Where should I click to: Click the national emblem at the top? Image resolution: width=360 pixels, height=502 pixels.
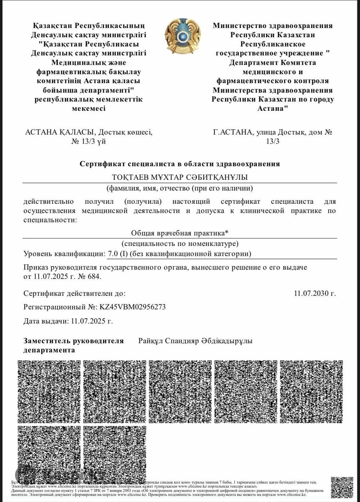[x=183, y=36]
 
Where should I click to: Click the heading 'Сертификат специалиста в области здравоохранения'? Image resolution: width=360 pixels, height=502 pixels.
[x=180, y=164]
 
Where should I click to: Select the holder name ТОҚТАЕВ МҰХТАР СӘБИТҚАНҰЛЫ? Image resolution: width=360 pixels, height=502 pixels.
[x=180, y=177]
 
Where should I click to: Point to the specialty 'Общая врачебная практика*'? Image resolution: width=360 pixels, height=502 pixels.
[x=180, y=233]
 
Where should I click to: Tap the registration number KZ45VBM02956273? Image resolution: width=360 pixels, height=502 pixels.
[x=132, y=307]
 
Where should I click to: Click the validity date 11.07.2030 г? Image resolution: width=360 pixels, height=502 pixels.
[x=315, y=293]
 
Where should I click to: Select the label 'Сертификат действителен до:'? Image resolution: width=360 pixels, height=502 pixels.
[x=74, y=293]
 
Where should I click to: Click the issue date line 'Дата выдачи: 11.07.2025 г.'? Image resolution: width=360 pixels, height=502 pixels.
[x=68, y=321]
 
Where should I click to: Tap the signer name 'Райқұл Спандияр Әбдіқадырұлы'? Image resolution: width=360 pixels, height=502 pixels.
[x=195, y=341]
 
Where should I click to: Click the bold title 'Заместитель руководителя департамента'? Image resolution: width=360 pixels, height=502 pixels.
[x=73, y=345]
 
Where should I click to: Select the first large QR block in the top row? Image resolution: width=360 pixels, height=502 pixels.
[x=49, y=391]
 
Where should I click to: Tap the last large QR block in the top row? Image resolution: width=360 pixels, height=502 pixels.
[x=311, y=391]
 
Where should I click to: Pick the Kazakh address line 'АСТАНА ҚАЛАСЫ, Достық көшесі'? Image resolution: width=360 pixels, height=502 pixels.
[x=89, y=132]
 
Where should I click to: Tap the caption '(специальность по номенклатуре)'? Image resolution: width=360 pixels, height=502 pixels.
[x=180, y=243]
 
